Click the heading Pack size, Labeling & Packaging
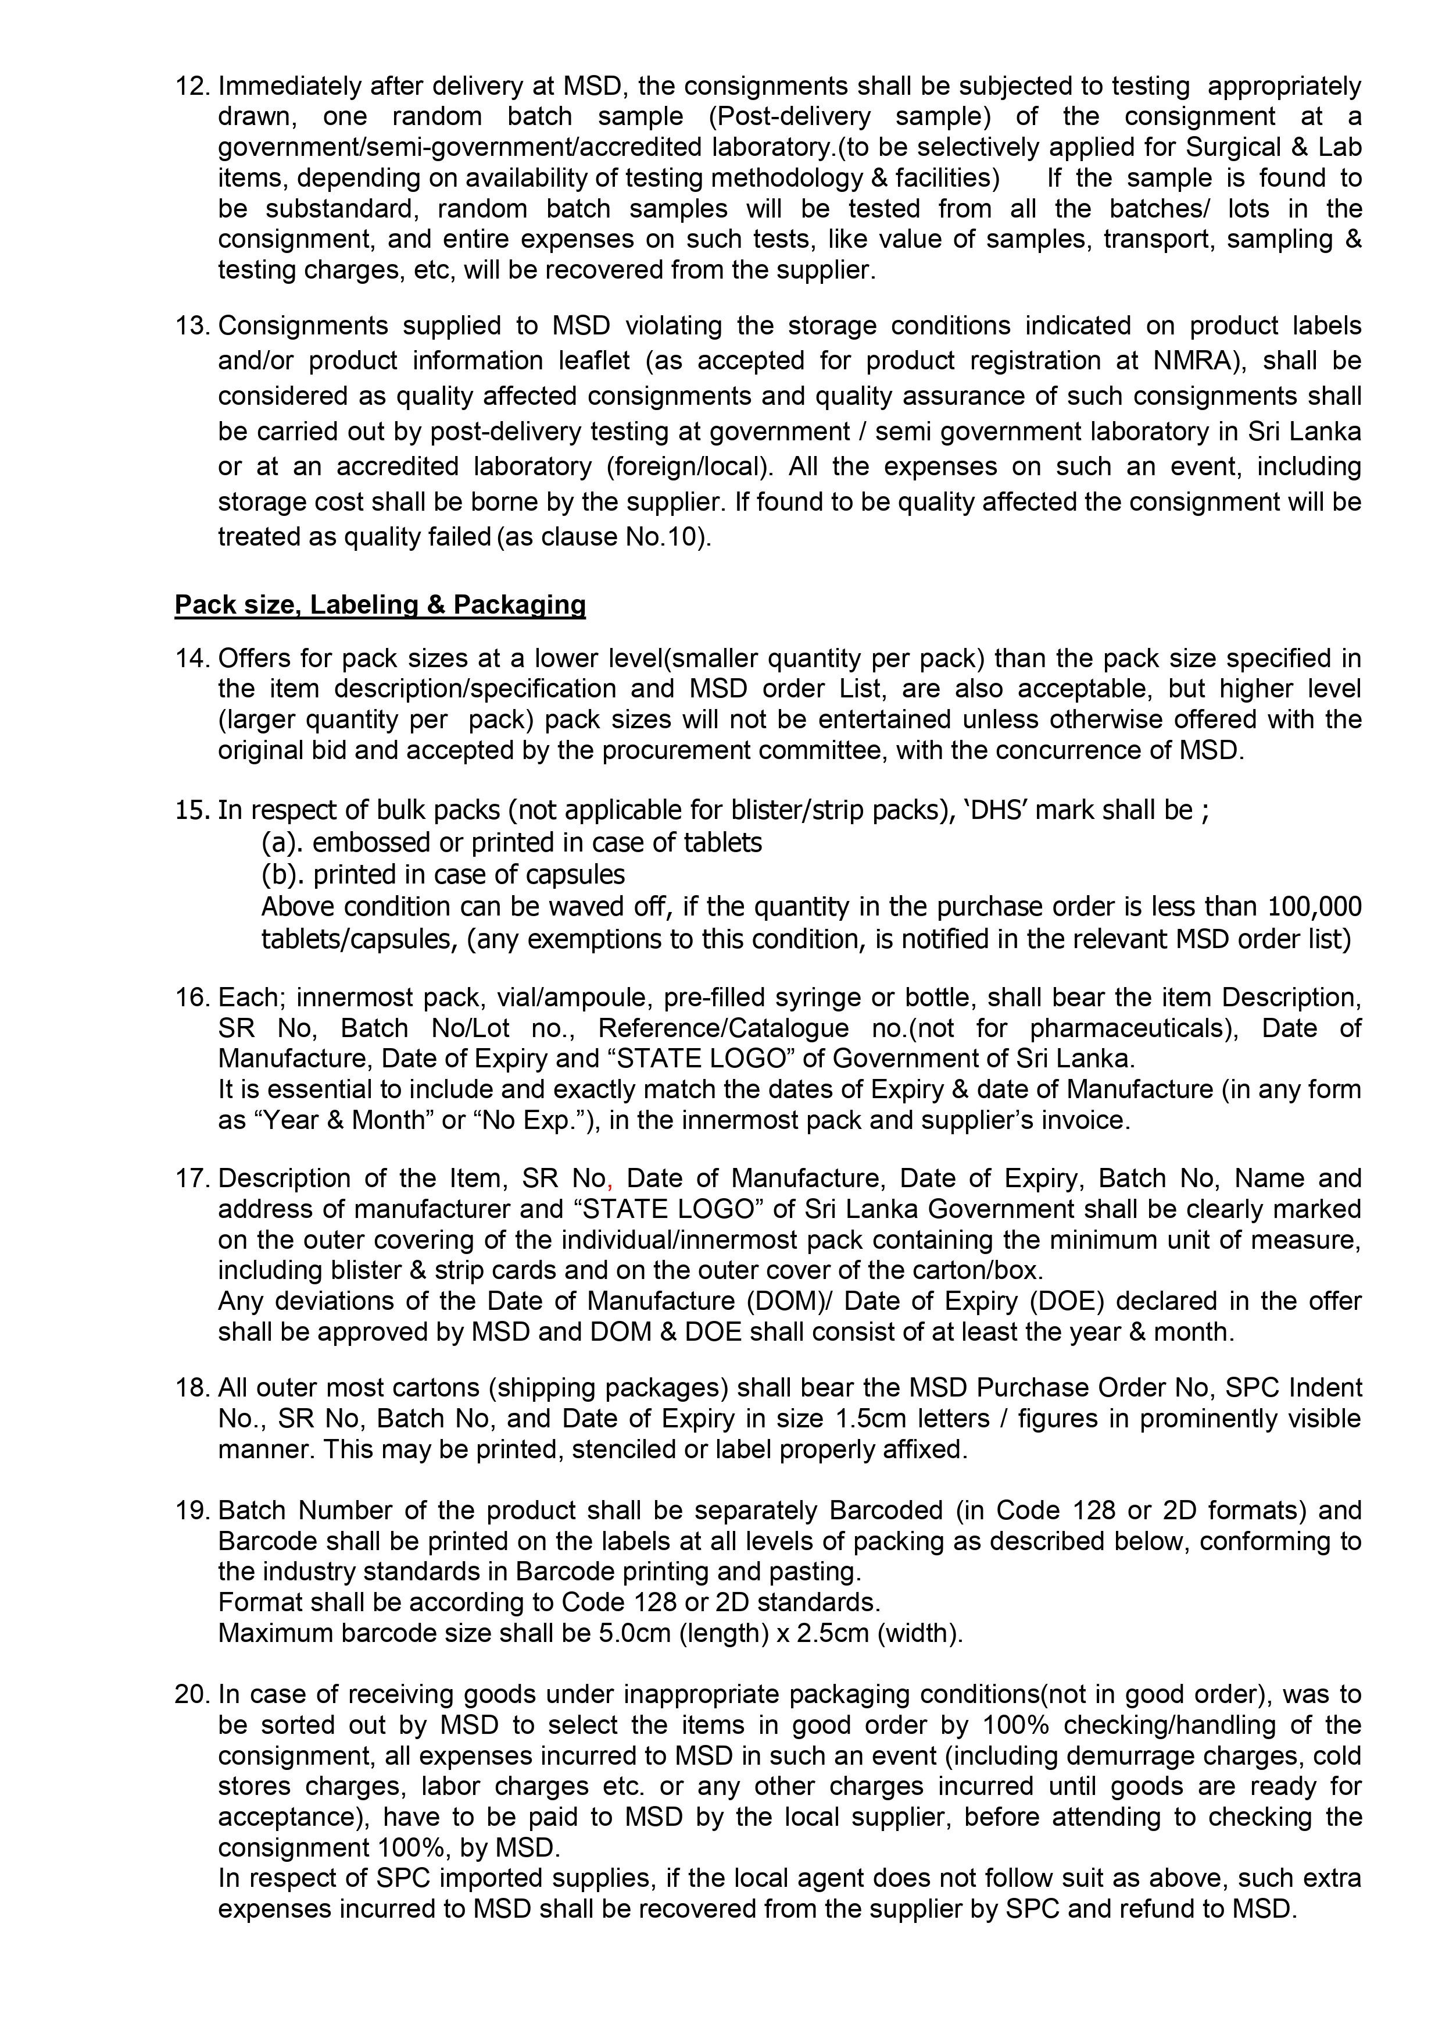[380, 604]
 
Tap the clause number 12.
[191, 86]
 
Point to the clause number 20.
[191, 1694]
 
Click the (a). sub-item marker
[282, 842]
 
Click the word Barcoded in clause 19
[885, 1511]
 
